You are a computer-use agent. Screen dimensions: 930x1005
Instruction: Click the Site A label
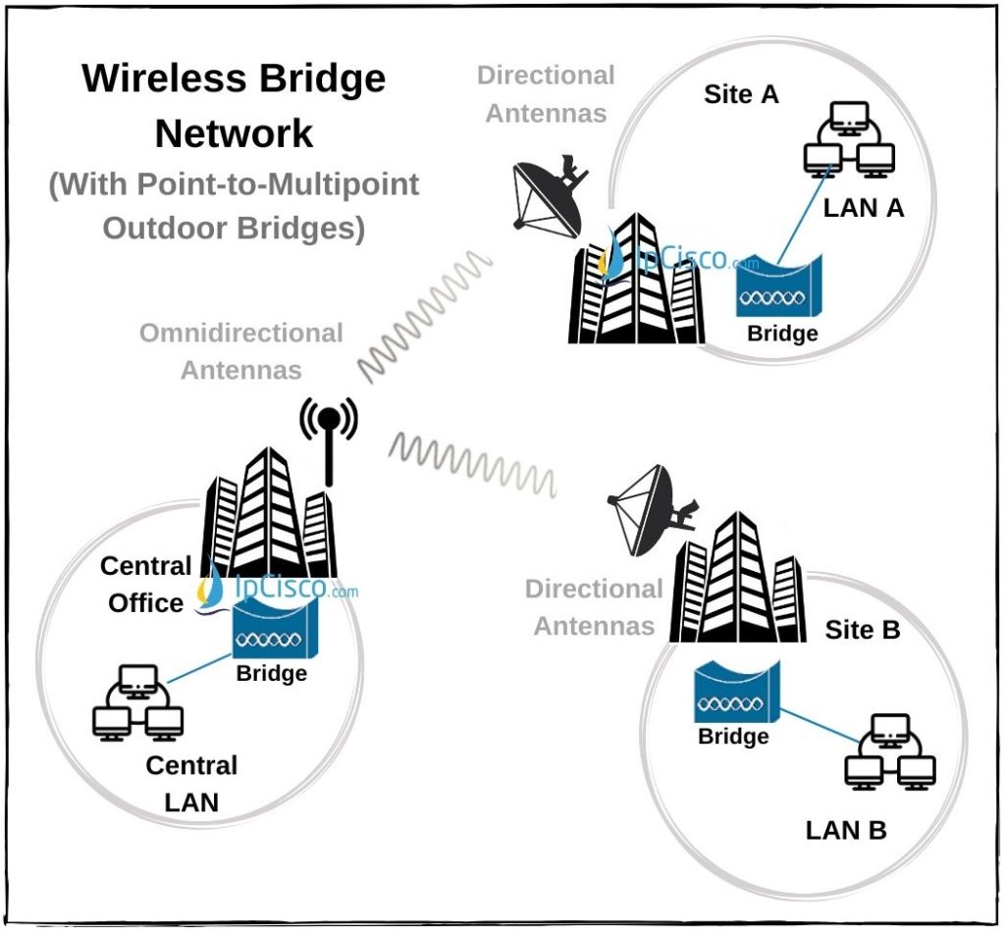(742, 94)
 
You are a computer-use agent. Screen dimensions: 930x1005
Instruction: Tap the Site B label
(862, 630)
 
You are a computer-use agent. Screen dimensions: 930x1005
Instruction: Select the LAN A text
(863, 207)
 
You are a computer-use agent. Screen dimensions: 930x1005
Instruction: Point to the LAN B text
(846, 830)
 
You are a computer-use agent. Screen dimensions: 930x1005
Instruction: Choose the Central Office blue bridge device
(272, 628)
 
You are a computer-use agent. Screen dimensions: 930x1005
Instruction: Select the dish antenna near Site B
(648, 506)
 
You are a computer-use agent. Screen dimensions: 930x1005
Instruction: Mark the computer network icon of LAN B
(890, 750)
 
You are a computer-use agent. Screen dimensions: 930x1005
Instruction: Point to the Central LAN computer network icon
(137, 701)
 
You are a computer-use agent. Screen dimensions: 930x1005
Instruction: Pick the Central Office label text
(145, 585)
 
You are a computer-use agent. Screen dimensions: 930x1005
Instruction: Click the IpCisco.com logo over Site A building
(667, 257)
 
